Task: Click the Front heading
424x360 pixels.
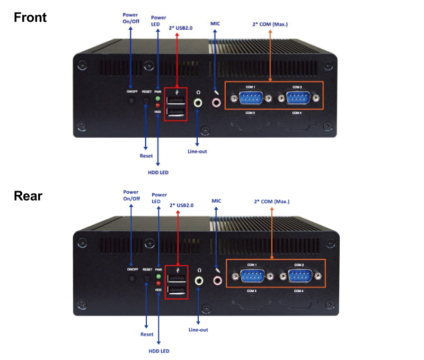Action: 30,17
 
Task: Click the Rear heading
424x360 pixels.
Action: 28,196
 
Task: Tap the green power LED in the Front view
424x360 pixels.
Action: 157,99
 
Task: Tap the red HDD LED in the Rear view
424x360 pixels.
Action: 158,283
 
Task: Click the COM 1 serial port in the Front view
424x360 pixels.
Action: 250,98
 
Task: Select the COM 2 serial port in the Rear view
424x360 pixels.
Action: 299,276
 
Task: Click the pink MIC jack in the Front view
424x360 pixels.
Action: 216,102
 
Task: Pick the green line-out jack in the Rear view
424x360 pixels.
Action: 199,280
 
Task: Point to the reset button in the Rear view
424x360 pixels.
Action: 147,280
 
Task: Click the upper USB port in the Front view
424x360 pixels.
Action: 176,102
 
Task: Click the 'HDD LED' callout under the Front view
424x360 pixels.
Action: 158,172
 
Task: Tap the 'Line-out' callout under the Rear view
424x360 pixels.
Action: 198,330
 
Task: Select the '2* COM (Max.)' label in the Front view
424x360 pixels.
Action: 270,24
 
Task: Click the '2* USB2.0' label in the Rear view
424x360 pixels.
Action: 181,205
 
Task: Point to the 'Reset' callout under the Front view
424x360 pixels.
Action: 146,156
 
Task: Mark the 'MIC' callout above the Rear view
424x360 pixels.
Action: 216,201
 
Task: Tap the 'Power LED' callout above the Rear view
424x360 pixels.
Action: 159,198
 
